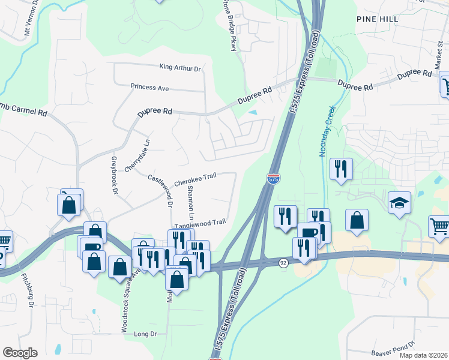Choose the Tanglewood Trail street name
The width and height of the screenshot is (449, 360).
[x=200, y=222]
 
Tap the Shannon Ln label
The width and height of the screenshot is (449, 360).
[x=191, y=202]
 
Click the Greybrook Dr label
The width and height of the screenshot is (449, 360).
[x=114, y=175]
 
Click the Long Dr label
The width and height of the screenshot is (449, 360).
[x=145, y=334]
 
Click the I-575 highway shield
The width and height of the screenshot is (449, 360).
[x=273, y=178]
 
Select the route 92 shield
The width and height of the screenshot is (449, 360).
[x=283, y=262]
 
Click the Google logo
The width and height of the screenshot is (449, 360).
[x=20, y=353]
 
